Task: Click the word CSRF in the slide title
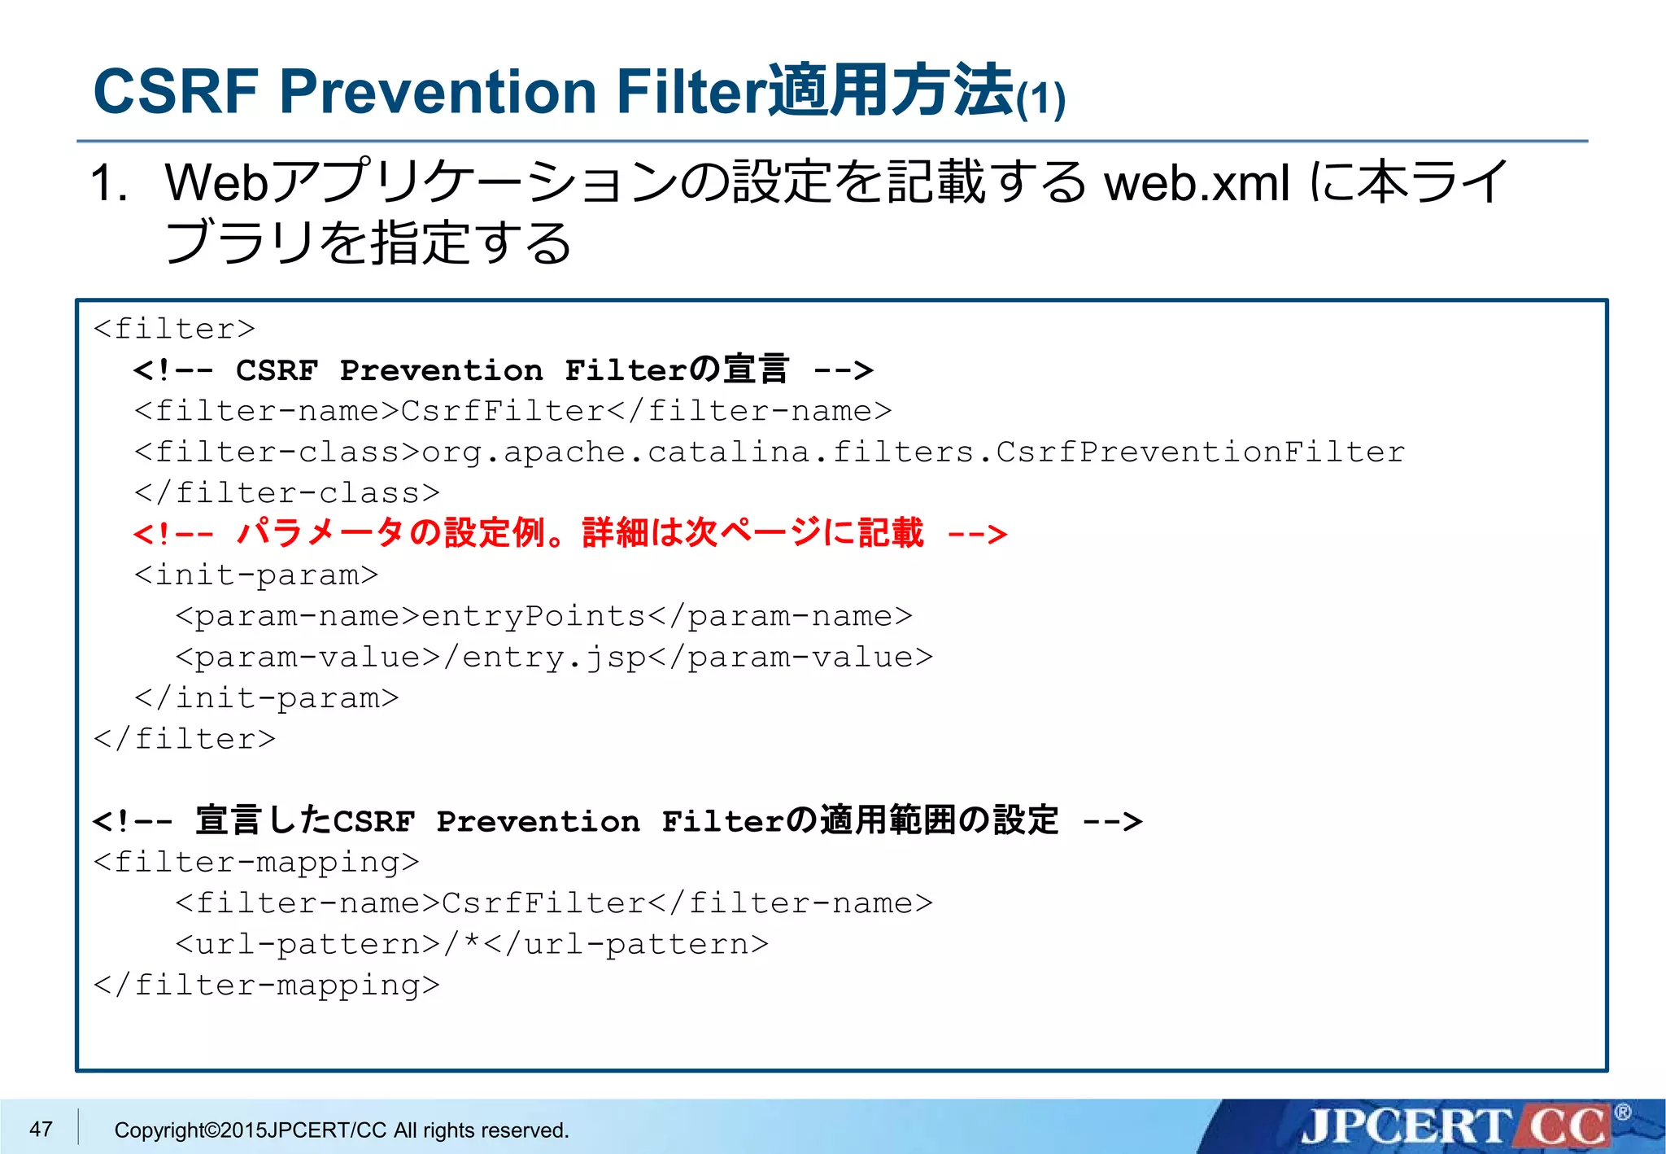(x=176, y=91)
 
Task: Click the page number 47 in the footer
(x=41, y=1129)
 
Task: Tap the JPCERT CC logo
(x=1456, y=1126)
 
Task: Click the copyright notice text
(x=342, y=1130)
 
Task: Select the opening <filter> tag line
(x=174, y=329)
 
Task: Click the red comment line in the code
(x=569, y=534)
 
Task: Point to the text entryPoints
(x=533, y=616)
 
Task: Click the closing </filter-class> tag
(x=286, y=493)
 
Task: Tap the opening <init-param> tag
(x=256, y=575)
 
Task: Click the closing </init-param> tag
(x=266, y=698)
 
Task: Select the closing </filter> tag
(x=185, y=739)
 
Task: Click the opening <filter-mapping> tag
(x=256, y=862)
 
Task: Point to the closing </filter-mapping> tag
(x=266, y=985)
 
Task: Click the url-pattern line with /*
(x=472, y=944)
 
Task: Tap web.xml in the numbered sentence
(x=1196, y=183)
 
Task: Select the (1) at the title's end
(x=1040, y=99)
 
